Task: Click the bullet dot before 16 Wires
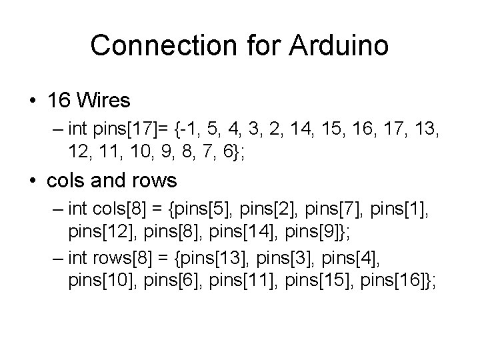(33, 102)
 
